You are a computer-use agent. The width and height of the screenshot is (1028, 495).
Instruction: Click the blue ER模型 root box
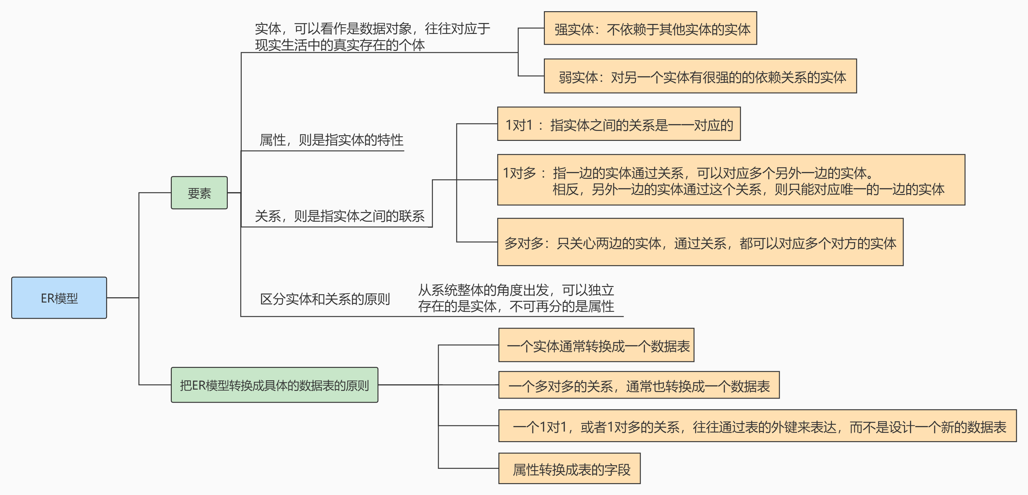(59, 298)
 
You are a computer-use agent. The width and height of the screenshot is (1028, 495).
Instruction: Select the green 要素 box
(199, 193)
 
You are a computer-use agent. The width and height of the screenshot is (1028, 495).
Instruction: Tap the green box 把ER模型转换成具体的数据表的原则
(274, 385)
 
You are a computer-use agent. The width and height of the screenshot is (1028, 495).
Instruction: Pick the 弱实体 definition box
(700, 76)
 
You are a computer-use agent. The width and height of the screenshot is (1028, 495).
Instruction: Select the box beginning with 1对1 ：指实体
(619, 124)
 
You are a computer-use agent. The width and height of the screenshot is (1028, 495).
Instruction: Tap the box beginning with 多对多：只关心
(700, 242)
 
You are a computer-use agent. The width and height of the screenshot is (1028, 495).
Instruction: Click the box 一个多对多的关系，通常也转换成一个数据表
(638, 385)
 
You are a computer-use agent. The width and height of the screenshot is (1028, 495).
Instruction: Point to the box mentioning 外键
(757, 426)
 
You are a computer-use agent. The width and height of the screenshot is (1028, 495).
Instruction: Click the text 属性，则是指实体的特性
(331, 140)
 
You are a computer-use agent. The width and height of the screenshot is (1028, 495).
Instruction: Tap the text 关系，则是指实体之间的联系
(340, 216)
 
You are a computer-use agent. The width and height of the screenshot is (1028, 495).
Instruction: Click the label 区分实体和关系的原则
(325, 299)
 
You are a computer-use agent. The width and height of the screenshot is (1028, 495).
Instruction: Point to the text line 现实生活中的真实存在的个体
(340, 45)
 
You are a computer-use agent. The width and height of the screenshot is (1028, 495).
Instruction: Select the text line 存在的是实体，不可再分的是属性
(516, 306)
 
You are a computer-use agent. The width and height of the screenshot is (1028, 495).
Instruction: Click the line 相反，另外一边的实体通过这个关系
(748, 189)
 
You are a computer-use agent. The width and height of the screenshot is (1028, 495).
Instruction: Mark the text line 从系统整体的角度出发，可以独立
(516, 289)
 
